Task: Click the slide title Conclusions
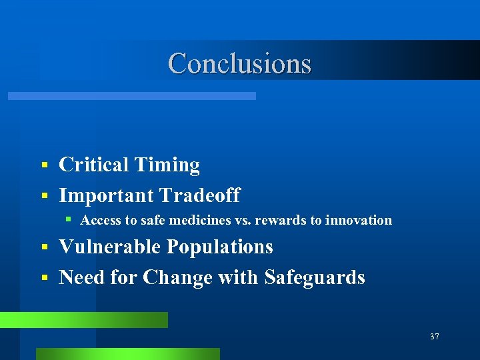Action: point(239,63)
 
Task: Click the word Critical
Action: point(93,165)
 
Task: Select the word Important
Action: point(105,195)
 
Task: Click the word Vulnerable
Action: point(110,247)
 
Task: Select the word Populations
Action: point(219,247)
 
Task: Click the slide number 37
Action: point(434,337)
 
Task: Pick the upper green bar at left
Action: point(83,320)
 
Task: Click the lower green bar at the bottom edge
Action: point(127,353)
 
